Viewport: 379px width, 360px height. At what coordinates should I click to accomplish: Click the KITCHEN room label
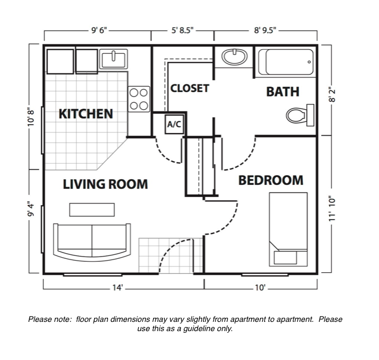(86, 114)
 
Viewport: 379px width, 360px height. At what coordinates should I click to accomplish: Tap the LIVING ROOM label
(105, 184)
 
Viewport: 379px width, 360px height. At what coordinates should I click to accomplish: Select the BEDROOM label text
(271, 180)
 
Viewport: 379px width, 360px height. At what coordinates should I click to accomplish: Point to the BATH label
(283, 92)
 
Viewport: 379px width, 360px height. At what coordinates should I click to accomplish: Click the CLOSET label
(189, 88)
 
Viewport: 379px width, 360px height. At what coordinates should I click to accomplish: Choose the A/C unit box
(174, 124)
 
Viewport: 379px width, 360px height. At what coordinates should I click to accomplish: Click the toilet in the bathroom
(300, 116)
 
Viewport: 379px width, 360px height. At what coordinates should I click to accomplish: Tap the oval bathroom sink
(234, 57)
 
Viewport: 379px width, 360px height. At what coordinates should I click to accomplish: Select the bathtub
(286, 62)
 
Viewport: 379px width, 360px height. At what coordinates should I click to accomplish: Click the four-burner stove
(139, 99)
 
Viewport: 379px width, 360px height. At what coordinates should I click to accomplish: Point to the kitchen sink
(114, 59)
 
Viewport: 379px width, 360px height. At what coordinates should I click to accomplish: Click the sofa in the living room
(92, 242)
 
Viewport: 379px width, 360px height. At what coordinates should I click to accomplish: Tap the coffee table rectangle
(92, 210)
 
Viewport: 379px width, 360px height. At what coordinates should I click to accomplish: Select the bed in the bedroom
(288, 229)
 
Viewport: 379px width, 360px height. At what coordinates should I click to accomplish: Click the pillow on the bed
(285, 258)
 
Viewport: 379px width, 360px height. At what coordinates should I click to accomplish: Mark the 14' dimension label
(118, 287)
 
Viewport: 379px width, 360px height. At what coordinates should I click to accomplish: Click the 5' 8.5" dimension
(183, 30)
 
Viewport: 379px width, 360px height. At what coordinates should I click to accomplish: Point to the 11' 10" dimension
(332, 209)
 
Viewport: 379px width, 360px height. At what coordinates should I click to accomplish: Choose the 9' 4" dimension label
(31, 210)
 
